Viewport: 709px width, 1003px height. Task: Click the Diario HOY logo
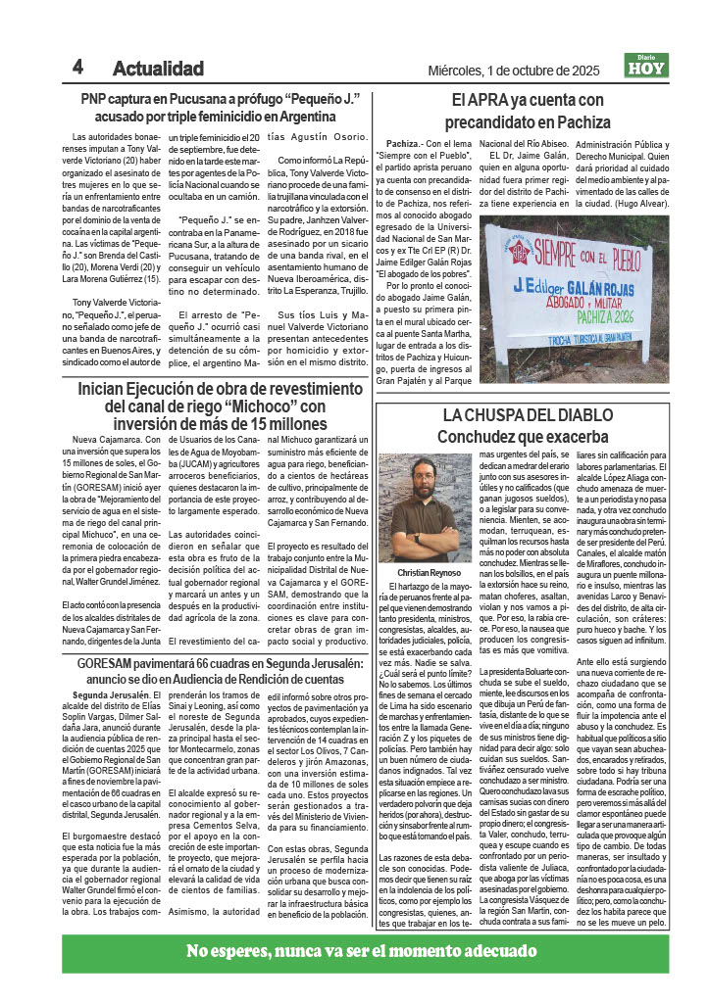[x=645, y=66]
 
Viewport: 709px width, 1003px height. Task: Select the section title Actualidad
[x=158, y=69]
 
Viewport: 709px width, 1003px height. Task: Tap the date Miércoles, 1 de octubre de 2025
[x=514, y=70]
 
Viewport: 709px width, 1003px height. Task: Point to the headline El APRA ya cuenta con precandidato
[x=527, y=111]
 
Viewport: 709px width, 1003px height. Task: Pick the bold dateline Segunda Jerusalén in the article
[x=123, y=668]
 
